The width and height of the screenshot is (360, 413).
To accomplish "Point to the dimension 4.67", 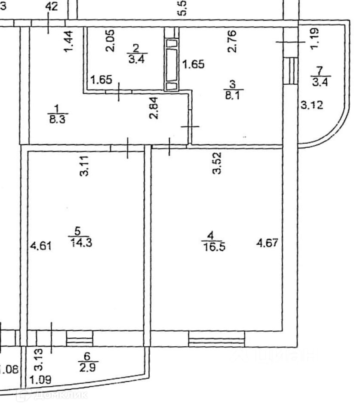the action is click(268, 243).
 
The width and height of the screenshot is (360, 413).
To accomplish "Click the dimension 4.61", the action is click(40, 247).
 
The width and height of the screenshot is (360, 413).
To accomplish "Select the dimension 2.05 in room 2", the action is click(111, 41).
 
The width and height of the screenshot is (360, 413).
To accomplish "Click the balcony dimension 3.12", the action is click(312, 105).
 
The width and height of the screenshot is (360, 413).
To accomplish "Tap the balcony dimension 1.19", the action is click(314, 38).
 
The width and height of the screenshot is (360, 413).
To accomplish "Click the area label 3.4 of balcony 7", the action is click(320, 82).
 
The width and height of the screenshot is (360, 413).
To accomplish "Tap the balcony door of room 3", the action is click(292, 71).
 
